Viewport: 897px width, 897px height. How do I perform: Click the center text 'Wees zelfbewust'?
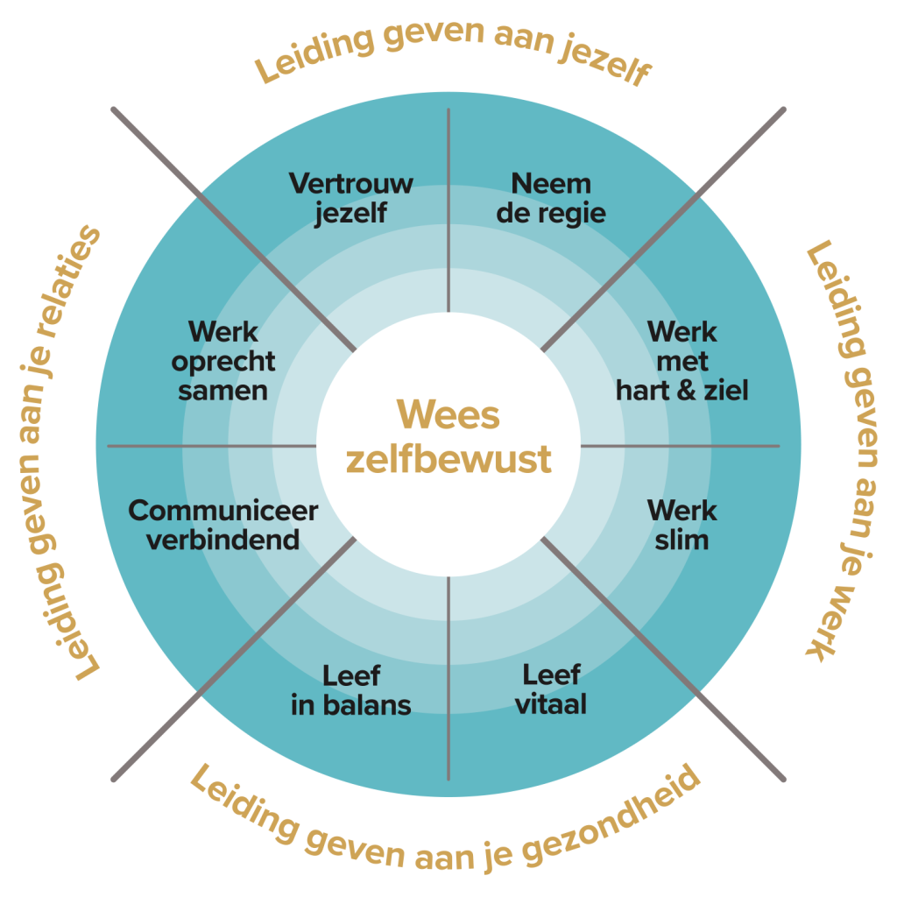tap(448, 436)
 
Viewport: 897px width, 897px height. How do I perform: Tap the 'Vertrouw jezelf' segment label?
tap(350, 199)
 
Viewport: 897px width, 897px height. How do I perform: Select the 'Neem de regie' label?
tap(551, 199)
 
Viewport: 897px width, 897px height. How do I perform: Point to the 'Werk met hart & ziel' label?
tap(682, 361)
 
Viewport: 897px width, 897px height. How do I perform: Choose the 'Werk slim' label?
tap(682, 525)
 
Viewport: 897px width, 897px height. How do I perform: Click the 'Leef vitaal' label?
tap(551, 689)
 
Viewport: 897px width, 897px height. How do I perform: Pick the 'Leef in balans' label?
tap(350, 690)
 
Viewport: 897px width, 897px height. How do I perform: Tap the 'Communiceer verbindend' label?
tap(222, 525)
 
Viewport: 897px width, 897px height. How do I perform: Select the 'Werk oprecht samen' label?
tap(222, 361)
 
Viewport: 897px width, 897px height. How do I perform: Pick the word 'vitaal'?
tap(551, 704)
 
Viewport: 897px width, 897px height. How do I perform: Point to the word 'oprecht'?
tap(222, 362)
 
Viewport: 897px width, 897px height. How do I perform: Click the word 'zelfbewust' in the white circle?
tap(448, 459)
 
